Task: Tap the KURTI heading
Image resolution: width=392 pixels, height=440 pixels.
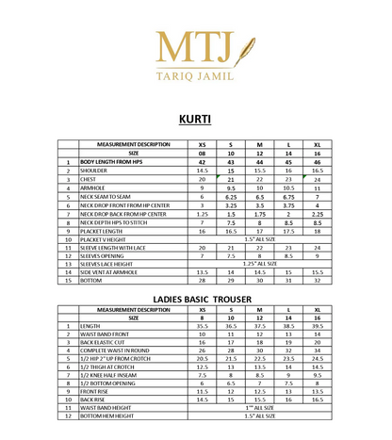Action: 195,120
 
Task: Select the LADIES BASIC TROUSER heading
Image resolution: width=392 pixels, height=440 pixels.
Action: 195,299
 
